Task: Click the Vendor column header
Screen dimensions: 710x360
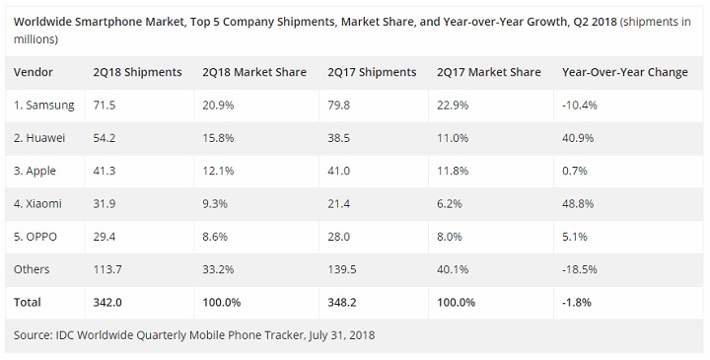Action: tap(34, 72)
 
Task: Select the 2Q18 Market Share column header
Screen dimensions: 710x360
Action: tap(254, 72)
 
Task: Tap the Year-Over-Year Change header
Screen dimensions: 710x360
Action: tap(625, 72)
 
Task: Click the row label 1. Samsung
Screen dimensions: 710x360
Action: tap(44, 106)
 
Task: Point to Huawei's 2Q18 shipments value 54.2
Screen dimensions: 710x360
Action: tap(105, 138)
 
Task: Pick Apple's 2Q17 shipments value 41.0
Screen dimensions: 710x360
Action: tap(338, 172)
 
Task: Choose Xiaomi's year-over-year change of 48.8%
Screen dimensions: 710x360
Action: tap(578, 204)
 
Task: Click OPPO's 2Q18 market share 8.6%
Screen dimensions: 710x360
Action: tap(215, 237)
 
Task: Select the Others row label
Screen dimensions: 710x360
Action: tap(32, 269)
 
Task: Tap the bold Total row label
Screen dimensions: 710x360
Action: tap(28, 303)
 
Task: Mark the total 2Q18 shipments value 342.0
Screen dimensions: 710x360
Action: tap(107, 303)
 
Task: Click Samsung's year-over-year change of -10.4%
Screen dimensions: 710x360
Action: tap(580, 106)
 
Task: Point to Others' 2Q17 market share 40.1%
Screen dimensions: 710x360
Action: tap(453, 269)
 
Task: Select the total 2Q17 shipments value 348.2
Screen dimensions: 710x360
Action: tap(342, 303)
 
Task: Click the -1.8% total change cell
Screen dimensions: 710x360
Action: tap(577, 303)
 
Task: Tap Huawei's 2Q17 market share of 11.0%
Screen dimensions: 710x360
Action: tap(453, 138)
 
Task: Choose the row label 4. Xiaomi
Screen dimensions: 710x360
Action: tap(37, 204)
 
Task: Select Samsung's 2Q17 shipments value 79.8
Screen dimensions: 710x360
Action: tap(338, 106)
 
